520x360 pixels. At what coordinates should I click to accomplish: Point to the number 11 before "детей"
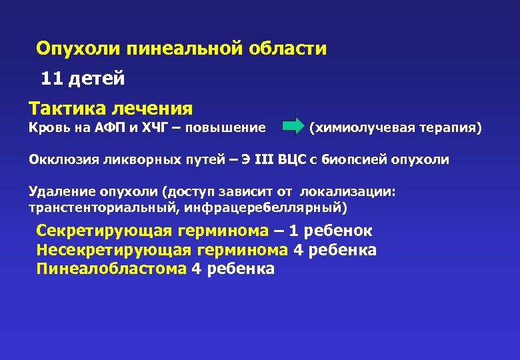click(x=51, y=79)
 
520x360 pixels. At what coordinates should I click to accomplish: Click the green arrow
click(x=293, y=127)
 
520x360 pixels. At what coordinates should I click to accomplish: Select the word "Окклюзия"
click(x=61, y=159)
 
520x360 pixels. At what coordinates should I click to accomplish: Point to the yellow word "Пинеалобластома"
click(x=111, y=269)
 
